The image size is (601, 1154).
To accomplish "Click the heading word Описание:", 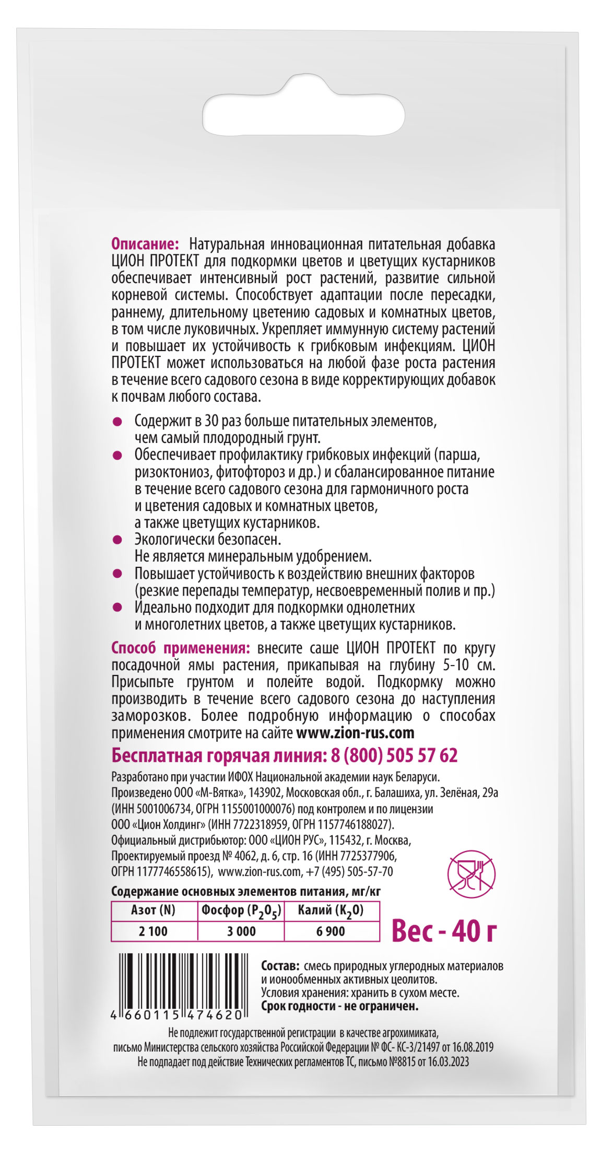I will click(x=145, y=244).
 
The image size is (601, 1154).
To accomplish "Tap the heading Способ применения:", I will click(x=180, y=648).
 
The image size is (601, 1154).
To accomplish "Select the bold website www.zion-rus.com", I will click(x=355, y=733).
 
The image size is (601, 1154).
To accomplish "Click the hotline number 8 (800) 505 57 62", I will click(x=394, y=755).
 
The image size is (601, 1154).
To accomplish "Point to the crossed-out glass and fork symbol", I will click(x=471, y=874).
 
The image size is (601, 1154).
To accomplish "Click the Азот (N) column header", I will click(x=154, y=911).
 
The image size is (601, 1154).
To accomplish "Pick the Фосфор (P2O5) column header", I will click(x=241, y=911).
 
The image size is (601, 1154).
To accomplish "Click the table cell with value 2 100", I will click(x=154, y=931).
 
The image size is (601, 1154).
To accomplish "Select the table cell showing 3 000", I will click(x=241, y=931).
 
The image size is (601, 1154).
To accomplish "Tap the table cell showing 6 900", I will click(x=331, y=931).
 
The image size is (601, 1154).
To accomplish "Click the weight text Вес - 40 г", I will click(x=444, y=930).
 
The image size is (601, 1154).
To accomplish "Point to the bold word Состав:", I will click(x=280, y=966).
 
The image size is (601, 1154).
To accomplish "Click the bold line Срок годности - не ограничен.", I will click(x=339, y=1006).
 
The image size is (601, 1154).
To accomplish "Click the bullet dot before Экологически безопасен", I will click(x=117, y=539).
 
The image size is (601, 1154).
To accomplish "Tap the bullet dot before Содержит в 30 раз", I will click(x=117, y=421).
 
